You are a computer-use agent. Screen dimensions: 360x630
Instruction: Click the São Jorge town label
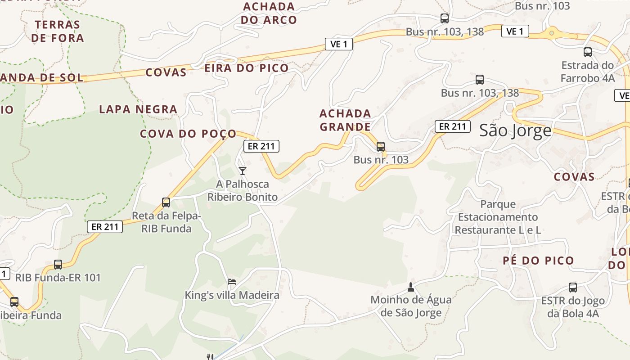point(515,130)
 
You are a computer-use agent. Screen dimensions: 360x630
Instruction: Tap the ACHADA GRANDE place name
point(345,120)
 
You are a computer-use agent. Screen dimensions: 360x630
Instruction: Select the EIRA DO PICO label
point(247,68)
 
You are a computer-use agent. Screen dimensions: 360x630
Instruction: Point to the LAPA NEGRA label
point(138,109)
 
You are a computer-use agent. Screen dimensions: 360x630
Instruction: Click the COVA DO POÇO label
point(188,134)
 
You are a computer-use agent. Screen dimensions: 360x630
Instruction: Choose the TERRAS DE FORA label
point(58,31)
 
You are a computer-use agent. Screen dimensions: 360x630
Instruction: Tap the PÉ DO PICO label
point(538,261)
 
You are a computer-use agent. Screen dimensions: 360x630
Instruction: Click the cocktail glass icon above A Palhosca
point(243,171)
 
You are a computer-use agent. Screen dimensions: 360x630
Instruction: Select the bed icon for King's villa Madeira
point(232,282)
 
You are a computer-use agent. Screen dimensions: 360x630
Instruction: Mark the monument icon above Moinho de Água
point(410,286)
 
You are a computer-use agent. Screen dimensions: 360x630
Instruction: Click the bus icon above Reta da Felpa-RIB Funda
point(166,202)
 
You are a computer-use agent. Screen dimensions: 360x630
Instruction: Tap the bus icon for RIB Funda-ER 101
point(58,265)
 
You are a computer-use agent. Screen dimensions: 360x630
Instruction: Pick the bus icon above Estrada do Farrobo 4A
point(588,52)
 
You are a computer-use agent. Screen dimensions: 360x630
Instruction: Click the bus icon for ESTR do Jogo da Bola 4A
point(573,287)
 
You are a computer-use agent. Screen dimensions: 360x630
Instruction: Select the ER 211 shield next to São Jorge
point(452,126)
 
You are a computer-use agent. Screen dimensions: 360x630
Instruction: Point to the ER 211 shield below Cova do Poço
point(261,146)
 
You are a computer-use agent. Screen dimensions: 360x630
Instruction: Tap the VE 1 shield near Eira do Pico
point(338,44)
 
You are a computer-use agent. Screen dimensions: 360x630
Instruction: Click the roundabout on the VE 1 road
point(551,32)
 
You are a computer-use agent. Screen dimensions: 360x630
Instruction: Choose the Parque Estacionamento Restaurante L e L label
point(498,217)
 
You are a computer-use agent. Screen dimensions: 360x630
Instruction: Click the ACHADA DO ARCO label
point(269,13)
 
